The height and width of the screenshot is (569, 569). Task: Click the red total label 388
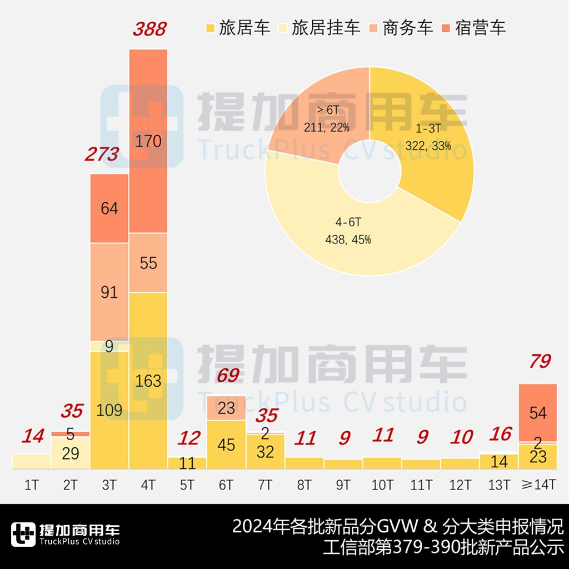coord(149,29)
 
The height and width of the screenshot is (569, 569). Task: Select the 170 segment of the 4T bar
coord(148,141)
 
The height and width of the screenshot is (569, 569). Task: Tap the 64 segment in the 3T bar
coord(109,208)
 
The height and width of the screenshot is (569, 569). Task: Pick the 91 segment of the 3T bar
coord(109,292)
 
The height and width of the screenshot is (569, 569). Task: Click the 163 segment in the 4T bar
coord(148,381)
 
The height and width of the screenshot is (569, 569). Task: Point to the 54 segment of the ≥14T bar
coord(538,412)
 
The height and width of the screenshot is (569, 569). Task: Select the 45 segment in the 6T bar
coord(226,445)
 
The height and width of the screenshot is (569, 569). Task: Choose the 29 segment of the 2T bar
coord(71,453)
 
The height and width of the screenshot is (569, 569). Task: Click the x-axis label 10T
coord(382,485)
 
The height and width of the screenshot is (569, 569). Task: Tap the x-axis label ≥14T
coord(538,485)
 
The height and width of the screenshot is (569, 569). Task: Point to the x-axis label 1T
coord(32,485)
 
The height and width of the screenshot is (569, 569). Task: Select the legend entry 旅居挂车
coord(326,27)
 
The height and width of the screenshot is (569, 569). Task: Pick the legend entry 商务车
coord(407,27)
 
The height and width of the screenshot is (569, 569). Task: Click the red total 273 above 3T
coord(102,154)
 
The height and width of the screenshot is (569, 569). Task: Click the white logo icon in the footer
coord(23,535)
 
